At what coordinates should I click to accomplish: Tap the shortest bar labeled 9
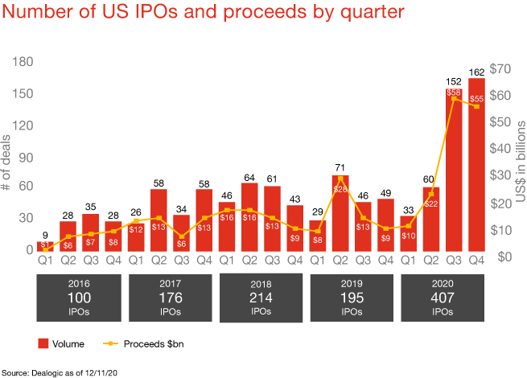[x=47, y=245]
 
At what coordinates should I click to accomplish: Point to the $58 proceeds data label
[x=454, y=93]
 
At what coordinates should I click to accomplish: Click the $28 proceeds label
[x=340, y=188]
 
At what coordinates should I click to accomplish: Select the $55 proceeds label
[x=476, y=98]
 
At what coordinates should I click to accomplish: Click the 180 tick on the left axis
[x=21, y=62]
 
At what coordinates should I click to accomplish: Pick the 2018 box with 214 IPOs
[x=261, y=296]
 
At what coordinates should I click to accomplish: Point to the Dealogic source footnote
[x=61, y=372]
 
